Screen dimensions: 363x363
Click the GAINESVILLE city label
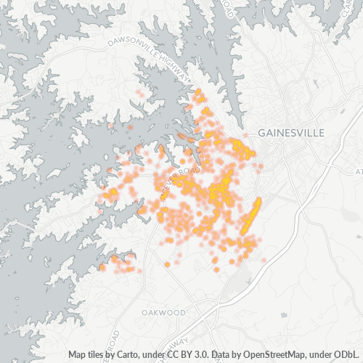[290, 133]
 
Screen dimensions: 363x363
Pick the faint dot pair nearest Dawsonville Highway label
[139, 94]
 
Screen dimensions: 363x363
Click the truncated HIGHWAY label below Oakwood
[179, 341]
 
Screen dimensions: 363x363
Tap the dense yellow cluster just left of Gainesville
[241, 148]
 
